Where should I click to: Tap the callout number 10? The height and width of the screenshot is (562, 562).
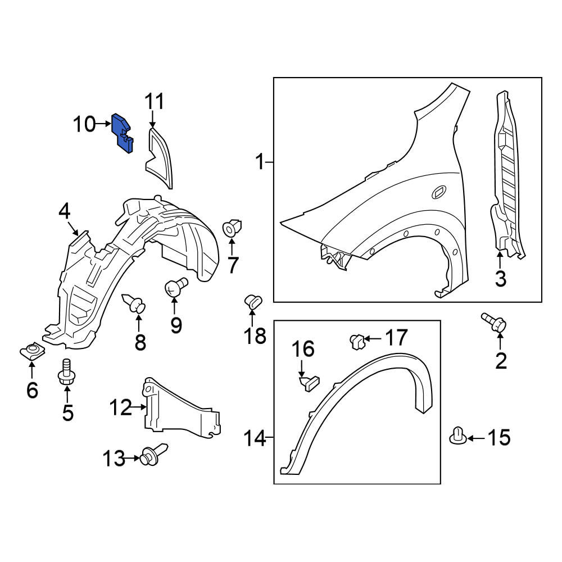pos(85,124)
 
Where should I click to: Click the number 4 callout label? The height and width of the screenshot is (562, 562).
pos(65,211)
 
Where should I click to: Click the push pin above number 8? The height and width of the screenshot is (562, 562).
pos(135,303)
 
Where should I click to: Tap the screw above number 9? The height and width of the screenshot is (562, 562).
pos(175,287)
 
